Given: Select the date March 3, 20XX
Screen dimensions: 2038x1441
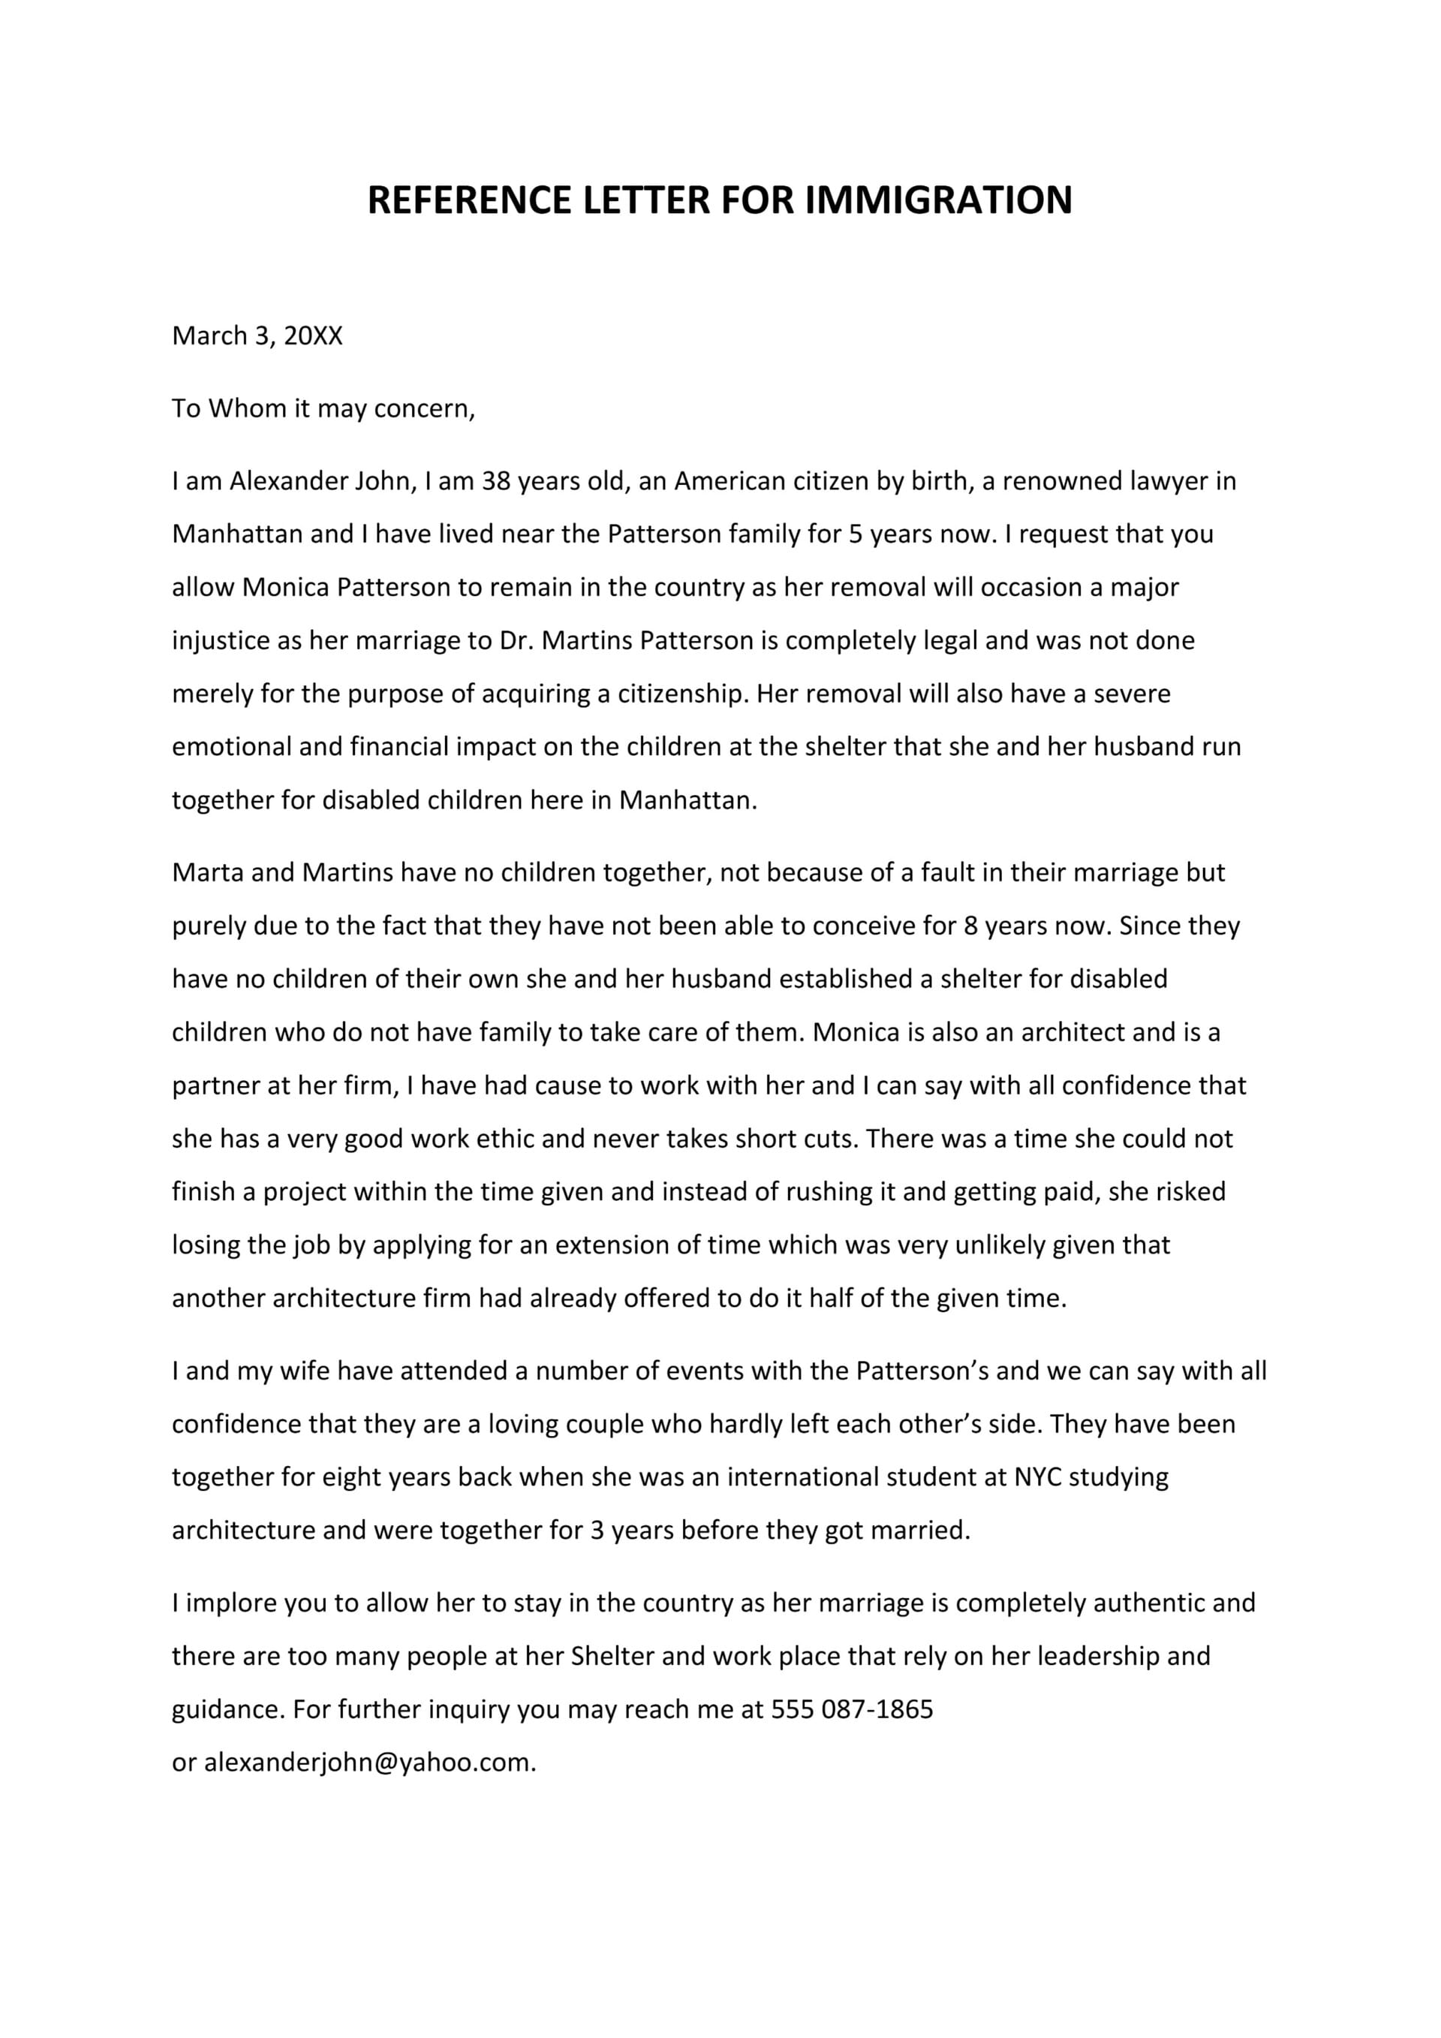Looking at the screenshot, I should [257, 336].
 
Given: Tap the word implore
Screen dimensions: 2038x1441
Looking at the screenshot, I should [230, 1603].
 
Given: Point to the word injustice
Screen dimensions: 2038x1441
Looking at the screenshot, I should [221, 640].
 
